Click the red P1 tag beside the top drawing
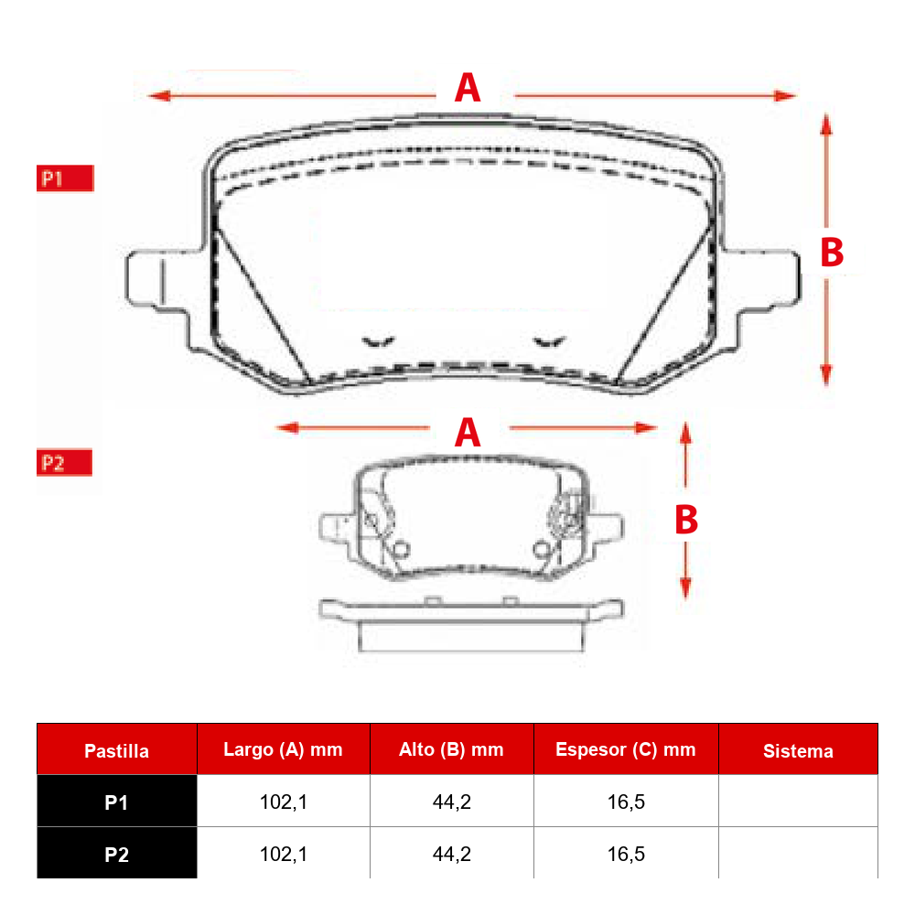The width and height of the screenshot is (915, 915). click(x=65, y=178)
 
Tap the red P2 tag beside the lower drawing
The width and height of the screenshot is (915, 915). click(x=64, y=463)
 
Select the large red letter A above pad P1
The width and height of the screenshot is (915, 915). click(x=468, y=88)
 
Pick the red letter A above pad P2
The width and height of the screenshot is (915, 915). click(x=468, y=433)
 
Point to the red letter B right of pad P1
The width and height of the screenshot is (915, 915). click(x=832, y=253)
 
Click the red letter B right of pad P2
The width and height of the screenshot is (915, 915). click(x=686, y=520)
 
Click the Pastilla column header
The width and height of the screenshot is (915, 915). click(x=117, y=750)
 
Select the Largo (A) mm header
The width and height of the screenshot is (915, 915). click(x=283, y=749)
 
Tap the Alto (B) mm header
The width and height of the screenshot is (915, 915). click(x=451, y=749)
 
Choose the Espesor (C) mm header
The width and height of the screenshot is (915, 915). click(x=626, y=749)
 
